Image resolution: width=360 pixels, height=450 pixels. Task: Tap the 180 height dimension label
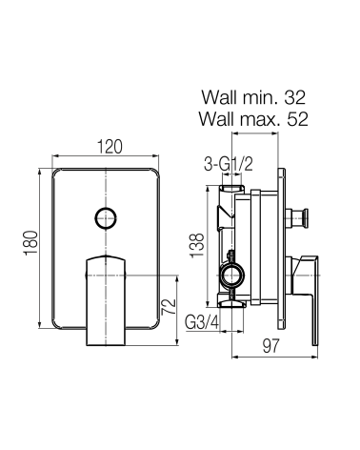pyautogui.click(x=30, y=243)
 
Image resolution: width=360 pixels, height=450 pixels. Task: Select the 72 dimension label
pyautogui.click(x=169, y=307)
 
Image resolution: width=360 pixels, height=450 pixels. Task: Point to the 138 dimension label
pyautogui.click(x=197, y=246)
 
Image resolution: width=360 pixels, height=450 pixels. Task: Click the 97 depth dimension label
pyautogui.click(x=270, y=346)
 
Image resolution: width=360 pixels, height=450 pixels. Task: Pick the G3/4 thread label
pyautogui.click(x=202, y=323)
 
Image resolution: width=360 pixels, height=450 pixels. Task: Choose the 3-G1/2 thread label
pyautogui.click(x=229, y=165)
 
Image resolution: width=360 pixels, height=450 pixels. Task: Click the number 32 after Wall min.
pyautogui.click(x=294, y=97)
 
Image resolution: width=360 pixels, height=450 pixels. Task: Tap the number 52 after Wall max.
pyautogui.click(x=297, y=119)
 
